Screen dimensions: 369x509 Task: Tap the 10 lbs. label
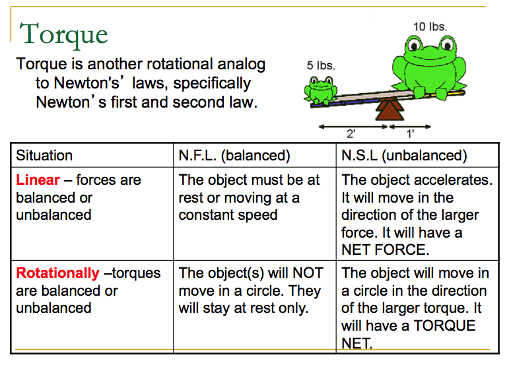430,27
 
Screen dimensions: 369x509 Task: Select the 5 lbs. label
321,66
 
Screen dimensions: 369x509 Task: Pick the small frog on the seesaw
321,88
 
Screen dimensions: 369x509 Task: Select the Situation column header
44,156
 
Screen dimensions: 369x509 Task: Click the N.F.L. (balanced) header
234,156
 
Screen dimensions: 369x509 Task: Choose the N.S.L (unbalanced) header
404,156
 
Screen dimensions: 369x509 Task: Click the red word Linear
38,180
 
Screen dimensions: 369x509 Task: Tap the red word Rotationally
57,273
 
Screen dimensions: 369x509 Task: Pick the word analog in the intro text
234,65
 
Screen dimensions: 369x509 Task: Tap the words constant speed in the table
228,215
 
